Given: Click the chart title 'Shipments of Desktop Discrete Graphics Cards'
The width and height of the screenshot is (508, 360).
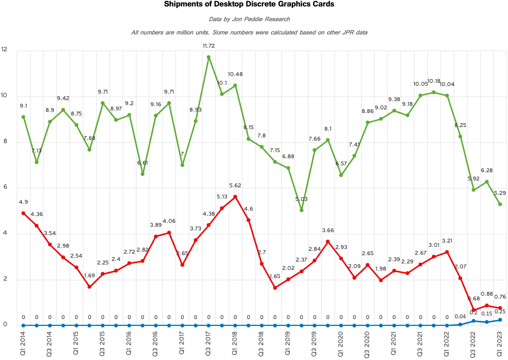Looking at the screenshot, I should [x=249, y=4].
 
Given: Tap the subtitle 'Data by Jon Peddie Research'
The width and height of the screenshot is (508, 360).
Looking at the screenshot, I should [x=249, y=19].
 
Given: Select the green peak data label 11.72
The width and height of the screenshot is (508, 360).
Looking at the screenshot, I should [x=209, y=46].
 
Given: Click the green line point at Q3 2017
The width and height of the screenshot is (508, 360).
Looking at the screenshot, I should [x=209, y=57].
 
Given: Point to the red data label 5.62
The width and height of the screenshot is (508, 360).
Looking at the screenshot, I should [x=235, y=186].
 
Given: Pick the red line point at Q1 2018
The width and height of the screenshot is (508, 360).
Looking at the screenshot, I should [x=235, y=197].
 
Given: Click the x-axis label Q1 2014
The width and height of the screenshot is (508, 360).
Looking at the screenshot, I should [x=23, y=343].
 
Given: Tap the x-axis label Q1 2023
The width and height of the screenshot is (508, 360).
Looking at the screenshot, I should [x=500, y=343].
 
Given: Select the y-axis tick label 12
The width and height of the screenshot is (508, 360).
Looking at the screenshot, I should [x=4, y=50].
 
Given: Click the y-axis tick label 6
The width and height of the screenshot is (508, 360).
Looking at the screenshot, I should [x=5, y=187].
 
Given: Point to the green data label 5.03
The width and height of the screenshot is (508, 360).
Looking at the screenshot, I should [x=301, y=199].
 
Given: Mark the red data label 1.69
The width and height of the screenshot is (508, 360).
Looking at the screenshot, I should [x=89, y=276].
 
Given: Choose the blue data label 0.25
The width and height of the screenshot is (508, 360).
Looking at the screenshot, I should [x=500, y=312].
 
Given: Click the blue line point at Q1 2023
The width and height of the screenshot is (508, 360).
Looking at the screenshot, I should [x=500, y=320].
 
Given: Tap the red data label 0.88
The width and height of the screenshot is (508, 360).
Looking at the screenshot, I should [x=487, y=294].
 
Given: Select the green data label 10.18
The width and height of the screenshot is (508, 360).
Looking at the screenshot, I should [x=434, y=81].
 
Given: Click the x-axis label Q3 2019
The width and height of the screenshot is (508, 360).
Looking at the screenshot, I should [x=314, y=343].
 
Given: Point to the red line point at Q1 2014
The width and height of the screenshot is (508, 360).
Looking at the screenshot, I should [x=23, y=213].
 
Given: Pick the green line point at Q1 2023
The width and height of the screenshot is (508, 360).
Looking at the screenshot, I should [x=500, y=204].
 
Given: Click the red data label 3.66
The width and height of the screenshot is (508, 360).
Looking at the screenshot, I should [x=328, y=230].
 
